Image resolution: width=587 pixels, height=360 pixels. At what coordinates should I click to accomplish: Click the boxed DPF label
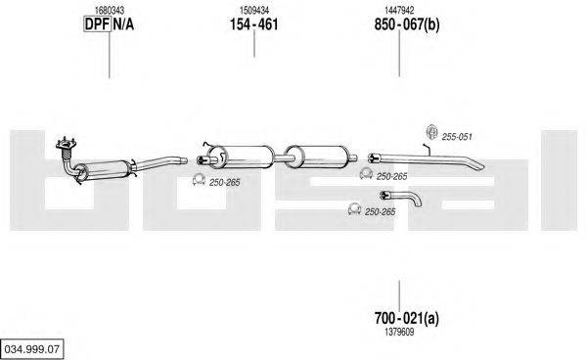click(97, 24)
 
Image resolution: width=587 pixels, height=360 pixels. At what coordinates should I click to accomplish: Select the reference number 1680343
click(110, 11)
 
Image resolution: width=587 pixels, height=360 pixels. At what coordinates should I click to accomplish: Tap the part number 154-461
click(253, 24)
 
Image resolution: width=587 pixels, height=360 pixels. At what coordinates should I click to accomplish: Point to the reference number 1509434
click(254, 11)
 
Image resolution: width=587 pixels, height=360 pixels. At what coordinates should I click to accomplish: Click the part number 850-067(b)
click(407, 24)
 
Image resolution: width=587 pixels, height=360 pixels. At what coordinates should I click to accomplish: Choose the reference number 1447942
click(399, 11)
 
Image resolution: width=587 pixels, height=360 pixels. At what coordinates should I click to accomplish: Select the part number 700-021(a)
click(407, 319)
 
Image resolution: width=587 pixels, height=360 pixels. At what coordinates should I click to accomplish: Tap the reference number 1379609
click(399, 332)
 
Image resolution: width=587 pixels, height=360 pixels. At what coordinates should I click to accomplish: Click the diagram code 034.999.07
click(32, 349)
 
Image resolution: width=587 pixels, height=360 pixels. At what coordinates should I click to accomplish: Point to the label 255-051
click(457, 137)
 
